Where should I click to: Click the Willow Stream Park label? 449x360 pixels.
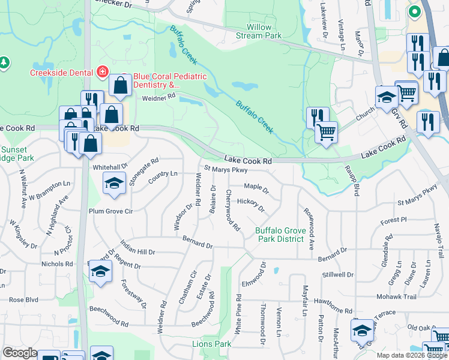[x=264, y=31]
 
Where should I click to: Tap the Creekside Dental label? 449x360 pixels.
[x=62, y=73]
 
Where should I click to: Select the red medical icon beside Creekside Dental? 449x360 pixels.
[x=103, y=73]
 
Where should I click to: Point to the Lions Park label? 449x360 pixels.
[x=211, y=344]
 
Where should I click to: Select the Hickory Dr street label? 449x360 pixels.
[x=251, y=205]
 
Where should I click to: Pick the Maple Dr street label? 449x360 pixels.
[x=256, y=188]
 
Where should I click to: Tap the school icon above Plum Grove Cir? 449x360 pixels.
[x=112, y=184]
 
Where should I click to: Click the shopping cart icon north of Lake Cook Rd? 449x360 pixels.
[x=326, y=131]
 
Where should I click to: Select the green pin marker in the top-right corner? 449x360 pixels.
[x=414, y=11]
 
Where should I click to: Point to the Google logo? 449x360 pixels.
[x=20, y=353]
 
